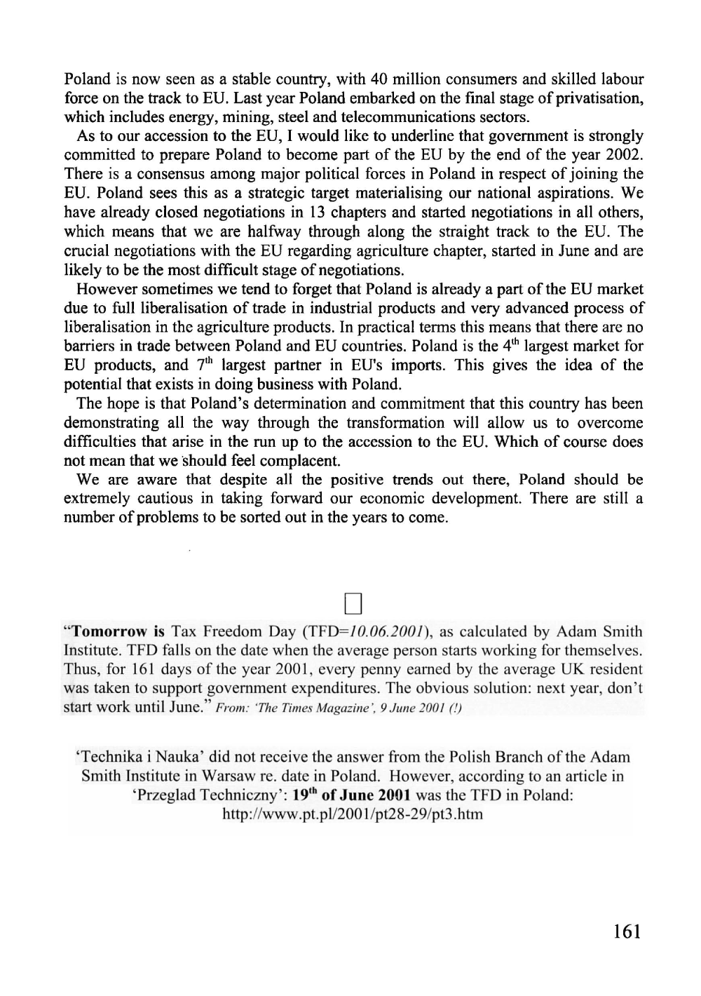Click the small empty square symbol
coord(353,601)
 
